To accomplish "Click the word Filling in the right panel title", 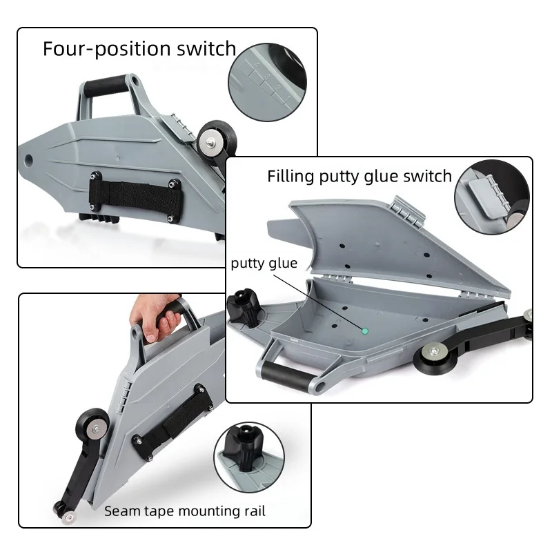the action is point(290,176).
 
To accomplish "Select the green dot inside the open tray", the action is point(365,331).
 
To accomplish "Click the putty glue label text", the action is point(264,264).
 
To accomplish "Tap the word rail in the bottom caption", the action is point(255,511).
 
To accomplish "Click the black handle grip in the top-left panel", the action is point(105,85).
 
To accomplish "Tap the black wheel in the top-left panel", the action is point(217,139).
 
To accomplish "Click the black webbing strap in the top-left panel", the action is point(135,197).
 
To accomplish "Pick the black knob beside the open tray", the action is point(244,306).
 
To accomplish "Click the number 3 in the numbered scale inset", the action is point(267,77).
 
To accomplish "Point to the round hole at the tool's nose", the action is point(28,160).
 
